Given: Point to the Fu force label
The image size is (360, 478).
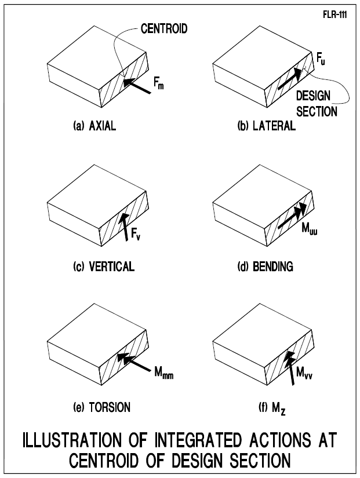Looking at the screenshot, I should (321, 59).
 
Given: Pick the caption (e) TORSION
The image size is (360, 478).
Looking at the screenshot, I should (94, 407).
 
